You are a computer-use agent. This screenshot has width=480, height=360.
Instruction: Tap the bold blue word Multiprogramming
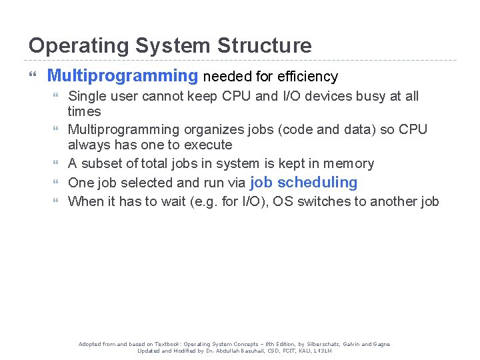(123, 76)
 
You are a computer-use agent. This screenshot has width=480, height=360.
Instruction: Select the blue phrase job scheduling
(303, 182)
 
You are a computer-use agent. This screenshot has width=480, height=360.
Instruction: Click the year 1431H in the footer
(321, 351)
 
